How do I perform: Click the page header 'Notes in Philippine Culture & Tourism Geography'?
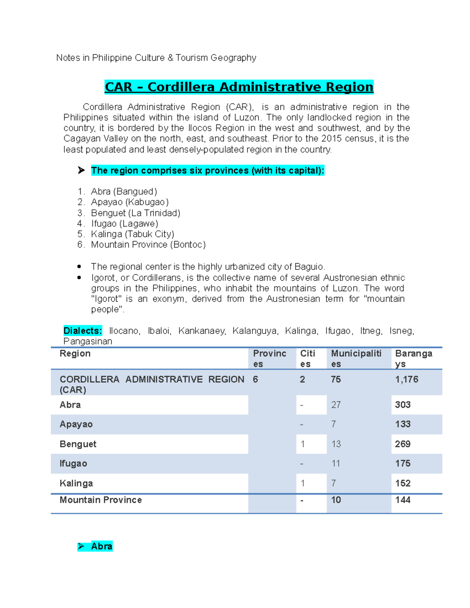[x=156, y=58]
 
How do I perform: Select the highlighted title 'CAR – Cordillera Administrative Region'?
[x=239, y=87]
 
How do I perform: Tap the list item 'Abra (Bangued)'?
[x=124, y=191]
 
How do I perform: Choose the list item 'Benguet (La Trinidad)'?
[x=136, y=213]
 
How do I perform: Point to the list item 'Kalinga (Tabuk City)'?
[x=132, y=234]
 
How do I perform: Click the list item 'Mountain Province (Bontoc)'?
[x=148, y=245]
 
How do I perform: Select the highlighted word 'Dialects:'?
[x=83, y=331]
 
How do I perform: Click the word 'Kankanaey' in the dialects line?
[x=202, y=331]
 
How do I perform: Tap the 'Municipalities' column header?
[x=356, y=358]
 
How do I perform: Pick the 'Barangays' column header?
[x=414, y=358]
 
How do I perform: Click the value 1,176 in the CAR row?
[x=407, y=379]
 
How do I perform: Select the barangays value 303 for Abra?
[x=403, y=405]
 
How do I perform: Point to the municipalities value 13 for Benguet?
[x=336, y=444]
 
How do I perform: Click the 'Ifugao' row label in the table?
[x=73, y=464]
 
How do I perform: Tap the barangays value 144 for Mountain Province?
[x=403, y=500]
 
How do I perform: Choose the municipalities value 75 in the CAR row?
[x=336, y=379]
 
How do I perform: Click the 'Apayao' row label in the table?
[x=76, y=424]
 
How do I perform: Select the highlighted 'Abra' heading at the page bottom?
[x=101, y=546]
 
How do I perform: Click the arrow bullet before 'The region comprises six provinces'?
[x=81, y=170]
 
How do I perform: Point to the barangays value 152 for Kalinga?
[x=403, y=483]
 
